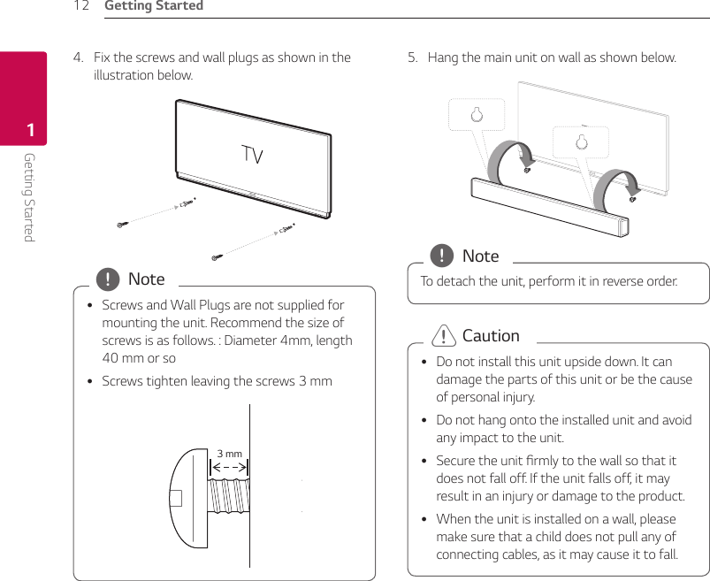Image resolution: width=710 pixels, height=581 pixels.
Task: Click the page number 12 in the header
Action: click(x=81, y=6)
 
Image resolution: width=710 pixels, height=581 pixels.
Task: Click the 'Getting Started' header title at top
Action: click(x=154, y=6)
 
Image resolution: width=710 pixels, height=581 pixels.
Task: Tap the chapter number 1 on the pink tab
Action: click(x=30, y=132)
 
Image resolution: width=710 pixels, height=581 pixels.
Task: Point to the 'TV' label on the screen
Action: click(x=252, y=157)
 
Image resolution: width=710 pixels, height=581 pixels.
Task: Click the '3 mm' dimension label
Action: click(x=230, y=454)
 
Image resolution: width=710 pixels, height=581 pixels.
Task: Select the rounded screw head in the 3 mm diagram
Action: click(x=187, y=497)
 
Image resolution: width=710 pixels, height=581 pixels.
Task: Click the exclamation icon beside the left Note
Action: click(x=108, y=280)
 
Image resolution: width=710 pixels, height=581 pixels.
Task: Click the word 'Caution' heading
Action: click(x=491, y=336)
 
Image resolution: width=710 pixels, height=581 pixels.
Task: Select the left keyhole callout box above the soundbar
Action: click(x=476, y=115)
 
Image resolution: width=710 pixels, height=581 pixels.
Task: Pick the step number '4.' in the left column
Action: click(x=79, y=57)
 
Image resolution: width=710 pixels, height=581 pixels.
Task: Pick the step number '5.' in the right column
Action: click(x=413, y=57)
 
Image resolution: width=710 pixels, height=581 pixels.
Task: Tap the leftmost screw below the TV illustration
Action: click(x=122, y=225)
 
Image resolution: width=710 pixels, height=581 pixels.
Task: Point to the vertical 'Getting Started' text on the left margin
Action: click(x=29, y=196)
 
